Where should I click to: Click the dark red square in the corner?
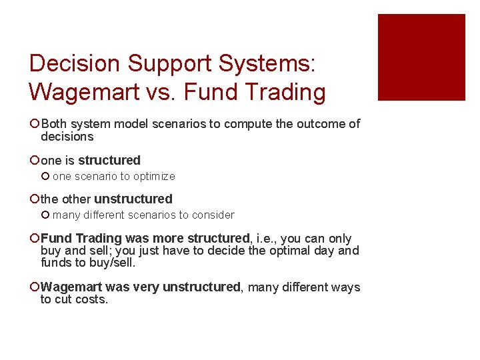coord(421,57)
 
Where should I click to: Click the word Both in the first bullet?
coord(53,124)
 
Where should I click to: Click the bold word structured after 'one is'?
coord(109,161)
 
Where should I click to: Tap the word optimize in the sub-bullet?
coord(154,177)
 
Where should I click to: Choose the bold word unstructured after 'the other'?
coord(133,199)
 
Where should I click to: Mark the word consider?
coord(214,215)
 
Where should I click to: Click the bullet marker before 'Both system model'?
coord(34,124)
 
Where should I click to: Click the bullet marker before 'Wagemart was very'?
coord(34,287)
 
